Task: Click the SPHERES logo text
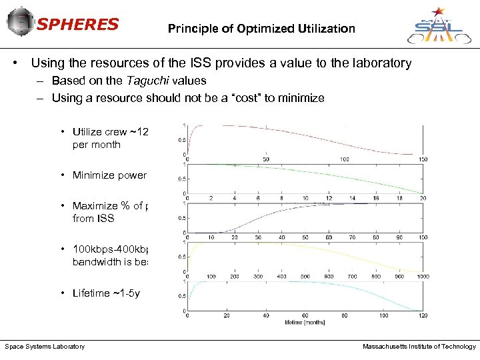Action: click(77, 25)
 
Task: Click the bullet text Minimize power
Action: click(109, 175)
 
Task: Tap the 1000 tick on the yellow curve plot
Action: click(421, 277)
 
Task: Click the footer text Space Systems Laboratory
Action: click(45, 347)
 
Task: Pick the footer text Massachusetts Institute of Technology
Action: click(419, 347)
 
